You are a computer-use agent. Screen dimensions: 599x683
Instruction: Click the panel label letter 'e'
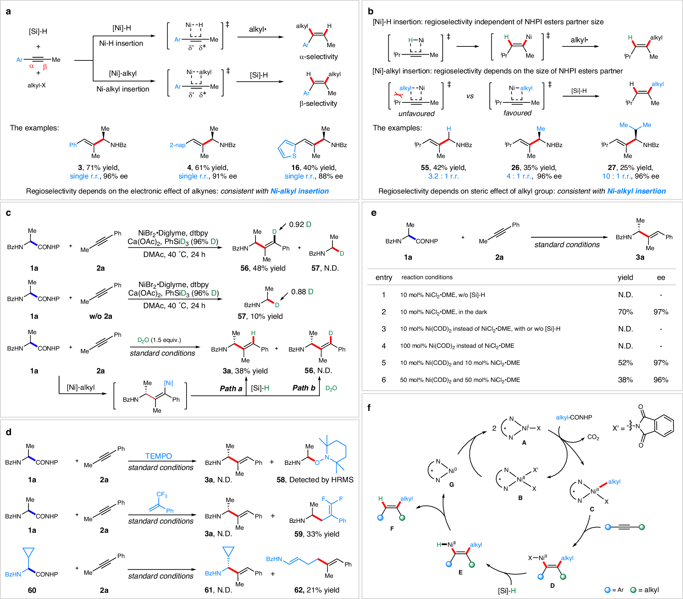click(374, 213)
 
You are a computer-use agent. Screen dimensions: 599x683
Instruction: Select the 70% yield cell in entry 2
click(625, 312)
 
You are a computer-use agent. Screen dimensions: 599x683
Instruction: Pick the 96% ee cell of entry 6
click(660, 380)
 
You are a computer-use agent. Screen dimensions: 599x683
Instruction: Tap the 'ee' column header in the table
click(661, 277)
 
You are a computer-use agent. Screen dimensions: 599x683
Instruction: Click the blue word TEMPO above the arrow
click(158, 456)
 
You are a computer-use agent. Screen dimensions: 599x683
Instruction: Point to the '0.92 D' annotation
click(300, 224)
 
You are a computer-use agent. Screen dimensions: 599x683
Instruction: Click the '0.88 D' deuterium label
click(302, 292)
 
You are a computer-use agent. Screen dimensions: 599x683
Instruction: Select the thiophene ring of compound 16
click(286, 149)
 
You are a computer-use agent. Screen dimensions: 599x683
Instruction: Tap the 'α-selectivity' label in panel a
click(318, 57)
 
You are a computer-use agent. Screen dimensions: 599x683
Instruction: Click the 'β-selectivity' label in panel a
click(318, 103)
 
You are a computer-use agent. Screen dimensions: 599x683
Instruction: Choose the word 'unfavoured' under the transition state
click(416, 114)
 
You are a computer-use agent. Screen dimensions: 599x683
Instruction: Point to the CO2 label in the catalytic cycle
click(593, 437)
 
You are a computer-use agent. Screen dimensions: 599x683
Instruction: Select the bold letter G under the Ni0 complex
click(451, 484)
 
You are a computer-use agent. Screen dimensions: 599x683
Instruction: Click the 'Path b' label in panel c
click(304, 388)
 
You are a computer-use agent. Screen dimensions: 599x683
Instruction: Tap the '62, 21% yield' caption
click(317, 590)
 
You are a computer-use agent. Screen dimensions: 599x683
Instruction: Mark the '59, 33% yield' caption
click(317, 534)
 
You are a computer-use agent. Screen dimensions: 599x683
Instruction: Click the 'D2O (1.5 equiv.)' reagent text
click(159, 340)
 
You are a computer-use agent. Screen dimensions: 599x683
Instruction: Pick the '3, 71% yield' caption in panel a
click(99, 168)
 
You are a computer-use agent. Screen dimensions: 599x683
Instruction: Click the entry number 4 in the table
click(383, 346)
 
